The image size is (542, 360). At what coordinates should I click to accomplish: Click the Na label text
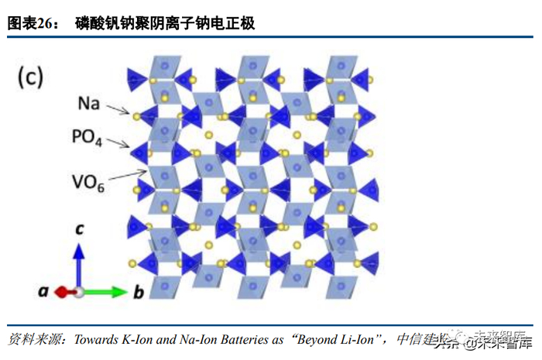pyautogui.click(x=88, y=103)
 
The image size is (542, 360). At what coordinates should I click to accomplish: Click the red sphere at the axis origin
pyautogui.click(x=77, y=292)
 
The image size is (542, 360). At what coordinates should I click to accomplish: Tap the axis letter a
pyautogui.click(x=44, y=292)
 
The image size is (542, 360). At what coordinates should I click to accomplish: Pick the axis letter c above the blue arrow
pyautogui.click(x=77, y=228)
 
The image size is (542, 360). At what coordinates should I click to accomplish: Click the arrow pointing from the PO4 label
pyautogui.click(x=118, y=143)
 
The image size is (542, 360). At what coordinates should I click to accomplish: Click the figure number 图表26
pyautogui.click(x=33, y=24)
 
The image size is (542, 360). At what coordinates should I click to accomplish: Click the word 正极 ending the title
pyautogui.click(x=242, y=24)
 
